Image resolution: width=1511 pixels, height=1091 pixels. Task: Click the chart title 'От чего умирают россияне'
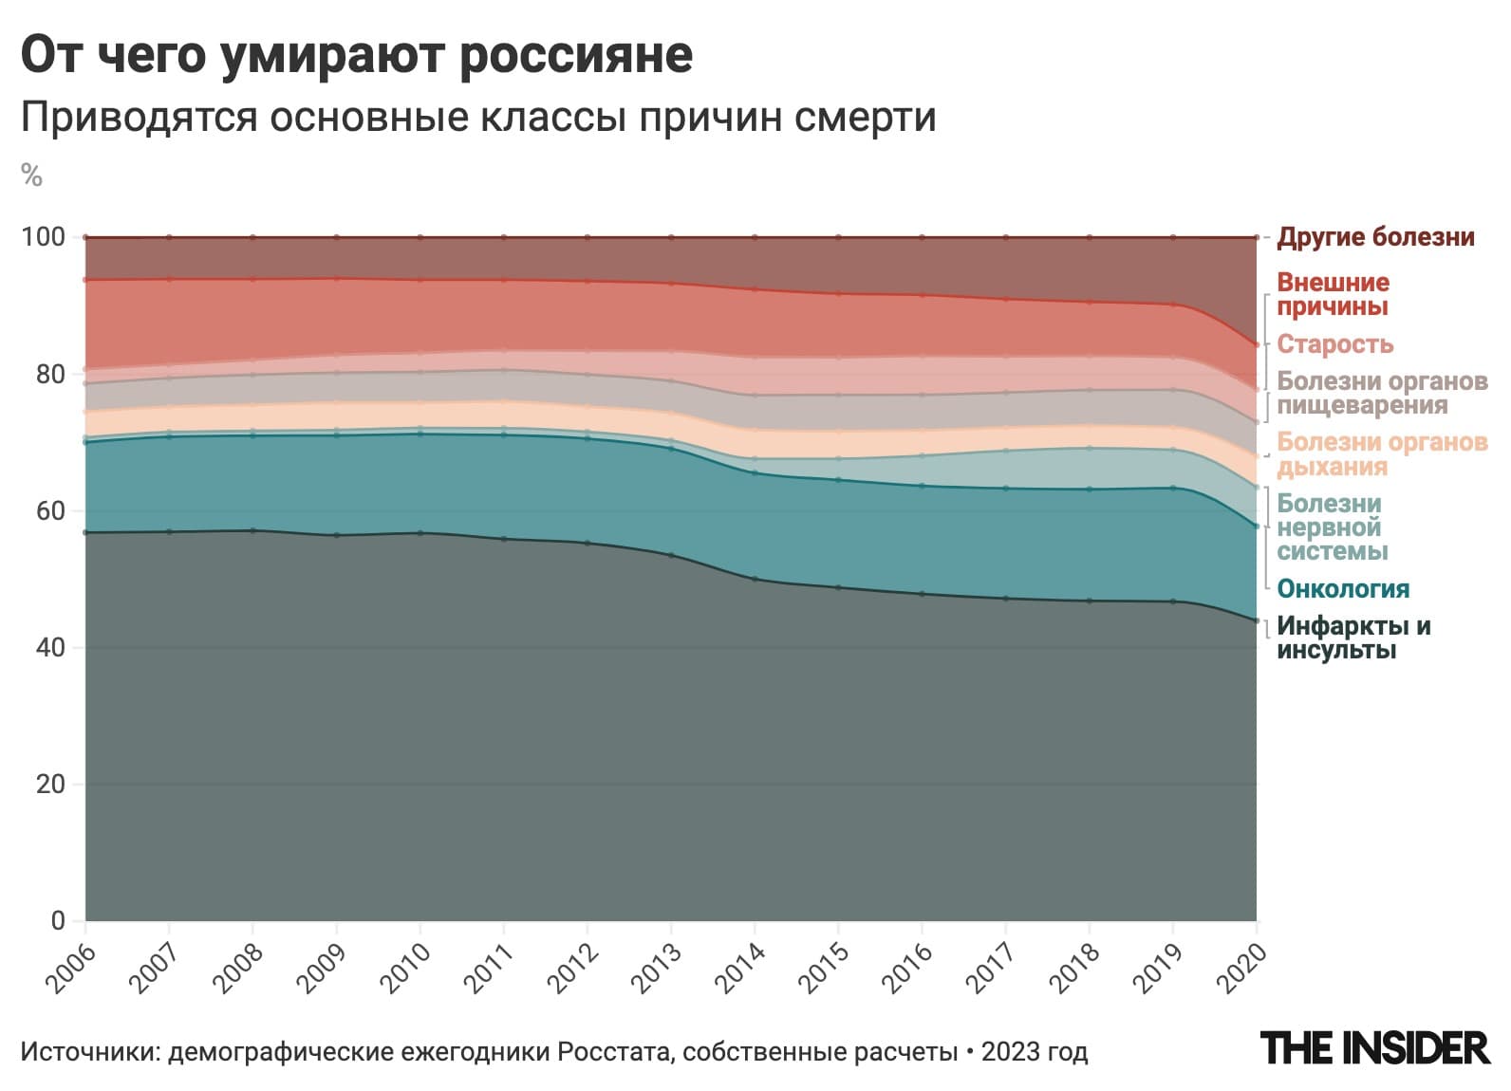point(356,55)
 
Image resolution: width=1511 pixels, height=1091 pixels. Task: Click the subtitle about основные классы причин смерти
point(477,118)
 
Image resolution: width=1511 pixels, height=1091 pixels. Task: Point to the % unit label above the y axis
point(31,176)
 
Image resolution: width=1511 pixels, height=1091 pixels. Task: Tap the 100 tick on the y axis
point(44,237)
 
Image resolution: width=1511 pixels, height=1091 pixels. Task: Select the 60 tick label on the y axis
point(48,510)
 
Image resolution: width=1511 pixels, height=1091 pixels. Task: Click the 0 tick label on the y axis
point(58,920)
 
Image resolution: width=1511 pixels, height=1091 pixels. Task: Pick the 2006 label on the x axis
point(71,967)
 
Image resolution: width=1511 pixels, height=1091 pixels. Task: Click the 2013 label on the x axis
point(657,967)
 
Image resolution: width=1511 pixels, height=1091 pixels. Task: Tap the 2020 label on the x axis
point(1242,967)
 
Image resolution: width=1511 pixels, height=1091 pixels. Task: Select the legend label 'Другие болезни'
point(1375,237)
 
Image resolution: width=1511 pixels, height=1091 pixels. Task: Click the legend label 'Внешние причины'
point(1332,294)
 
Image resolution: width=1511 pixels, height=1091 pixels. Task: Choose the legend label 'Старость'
point(1334,344)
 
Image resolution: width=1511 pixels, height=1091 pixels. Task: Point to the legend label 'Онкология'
point(1342,589)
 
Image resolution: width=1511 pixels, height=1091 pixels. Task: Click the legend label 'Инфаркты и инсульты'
point(1352,638)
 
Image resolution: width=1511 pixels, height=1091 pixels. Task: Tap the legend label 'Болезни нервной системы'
point(1331,527)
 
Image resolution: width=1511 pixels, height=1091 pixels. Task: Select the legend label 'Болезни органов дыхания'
point(1381,454)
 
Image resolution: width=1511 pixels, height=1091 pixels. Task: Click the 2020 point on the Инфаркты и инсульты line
point(1257,620)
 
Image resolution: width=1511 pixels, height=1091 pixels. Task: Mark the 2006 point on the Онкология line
point(85,442)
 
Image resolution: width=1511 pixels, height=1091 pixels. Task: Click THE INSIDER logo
point(1373,1047)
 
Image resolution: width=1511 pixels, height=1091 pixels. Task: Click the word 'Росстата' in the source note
point(614,1052)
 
